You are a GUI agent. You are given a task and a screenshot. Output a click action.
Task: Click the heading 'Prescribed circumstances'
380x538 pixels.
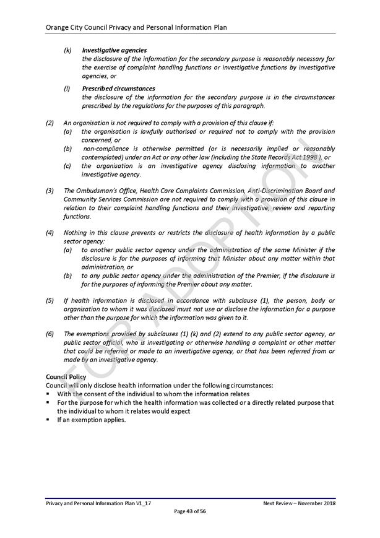118,89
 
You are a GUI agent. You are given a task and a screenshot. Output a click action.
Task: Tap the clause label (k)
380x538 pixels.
67,50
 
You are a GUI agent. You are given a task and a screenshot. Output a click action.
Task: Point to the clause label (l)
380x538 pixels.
67,89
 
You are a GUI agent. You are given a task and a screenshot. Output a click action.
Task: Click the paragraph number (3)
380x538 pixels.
50,191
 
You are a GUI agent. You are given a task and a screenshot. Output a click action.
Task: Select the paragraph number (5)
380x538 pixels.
50,300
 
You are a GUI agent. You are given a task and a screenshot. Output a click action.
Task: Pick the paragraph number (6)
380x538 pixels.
50,334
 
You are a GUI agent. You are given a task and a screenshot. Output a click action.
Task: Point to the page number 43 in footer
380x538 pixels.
191,511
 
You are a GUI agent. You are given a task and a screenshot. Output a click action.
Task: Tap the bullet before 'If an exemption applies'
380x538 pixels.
48,420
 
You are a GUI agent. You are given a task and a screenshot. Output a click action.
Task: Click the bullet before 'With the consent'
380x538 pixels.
48,394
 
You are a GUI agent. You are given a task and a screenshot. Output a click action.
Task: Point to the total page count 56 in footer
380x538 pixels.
203,511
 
